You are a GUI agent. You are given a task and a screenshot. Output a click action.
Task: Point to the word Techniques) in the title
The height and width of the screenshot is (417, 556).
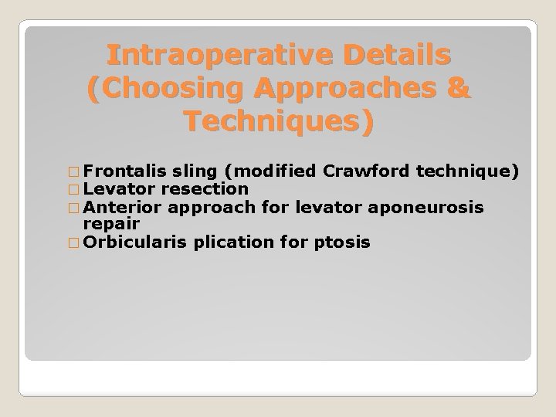(279, 122)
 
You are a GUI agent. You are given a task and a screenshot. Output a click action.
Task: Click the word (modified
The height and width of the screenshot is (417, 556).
(273, 171)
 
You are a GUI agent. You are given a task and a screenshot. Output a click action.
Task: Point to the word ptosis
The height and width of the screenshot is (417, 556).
(342, 242)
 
